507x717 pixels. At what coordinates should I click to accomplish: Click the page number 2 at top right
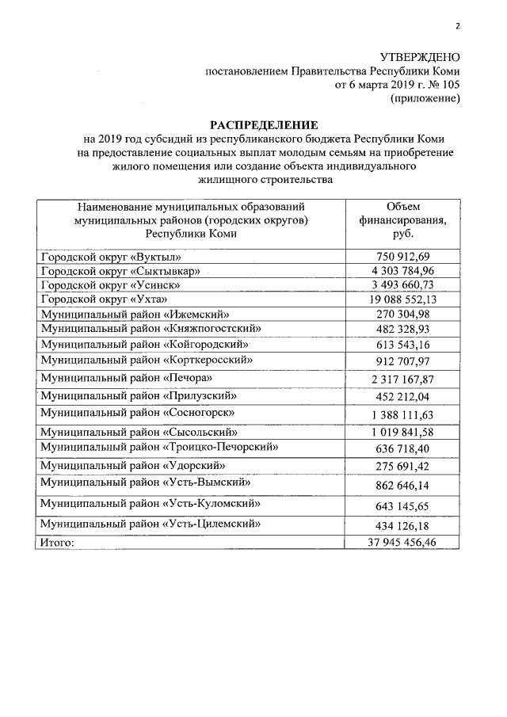(457, 26)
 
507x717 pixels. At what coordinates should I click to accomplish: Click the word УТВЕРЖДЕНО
(420, 57)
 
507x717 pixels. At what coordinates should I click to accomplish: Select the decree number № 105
(444, 85)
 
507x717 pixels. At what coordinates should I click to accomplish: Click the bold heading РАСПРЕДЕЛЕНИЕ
(263, 125)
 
